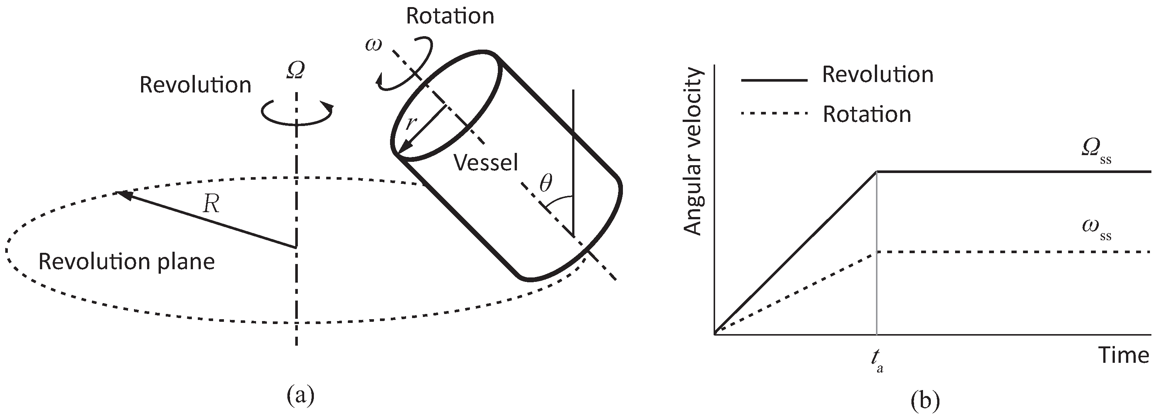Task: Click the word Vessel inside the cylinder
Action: (x=486, y=163)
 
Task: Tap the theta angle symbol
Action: (x=545, y=183)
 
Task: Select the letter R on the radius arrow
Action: (x=211, y=204)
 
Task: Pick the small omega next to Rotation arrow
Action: (x=373, y=45)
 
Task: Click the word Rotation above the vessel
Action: (x=450, y=16)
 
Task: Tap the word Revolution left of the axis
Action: (x=195, y=85)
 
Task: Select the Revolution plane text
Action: (x=127, y=262)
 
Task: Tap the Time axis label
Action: (x=1123, y=355)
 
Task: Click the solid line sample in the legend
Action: (x=774, y=80)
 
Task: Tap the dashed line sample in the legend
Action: (x=774, y=113)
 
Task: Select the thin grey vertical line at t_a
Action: (x=877, y=270)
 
